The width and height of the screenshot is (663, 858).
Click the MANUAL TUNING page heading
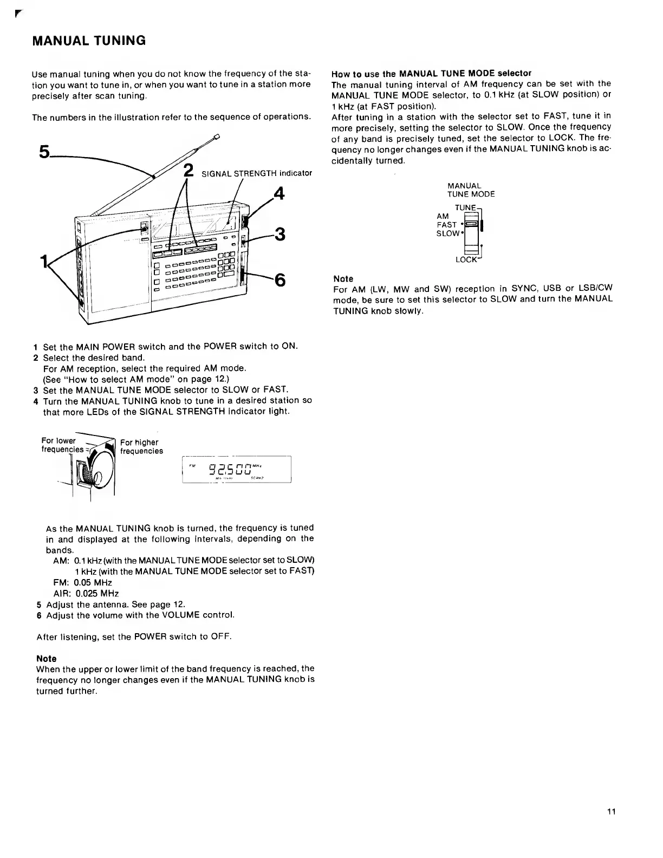(x=89, y=41)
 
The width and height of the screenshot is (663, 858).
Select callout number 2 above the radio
(x=188, y=170)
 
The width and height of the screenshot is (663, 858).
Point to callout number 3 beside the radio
(x=280, y=235)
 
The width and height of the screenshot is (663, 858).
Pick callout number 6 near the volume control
(x=280, y=280)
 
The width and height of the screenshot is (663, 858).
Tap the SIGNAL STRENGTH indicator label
(x=257, y=173)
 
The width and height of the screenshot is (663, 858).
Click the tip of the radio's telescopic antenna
(x=217, y=137)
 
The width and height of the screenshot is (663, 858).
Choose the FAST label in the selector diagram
(x=447, y=225)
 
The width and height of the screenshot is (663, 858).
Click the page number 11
(x=611, y=811)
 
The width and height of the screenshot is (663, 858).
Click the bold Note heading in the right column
(x=343, y=279)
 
